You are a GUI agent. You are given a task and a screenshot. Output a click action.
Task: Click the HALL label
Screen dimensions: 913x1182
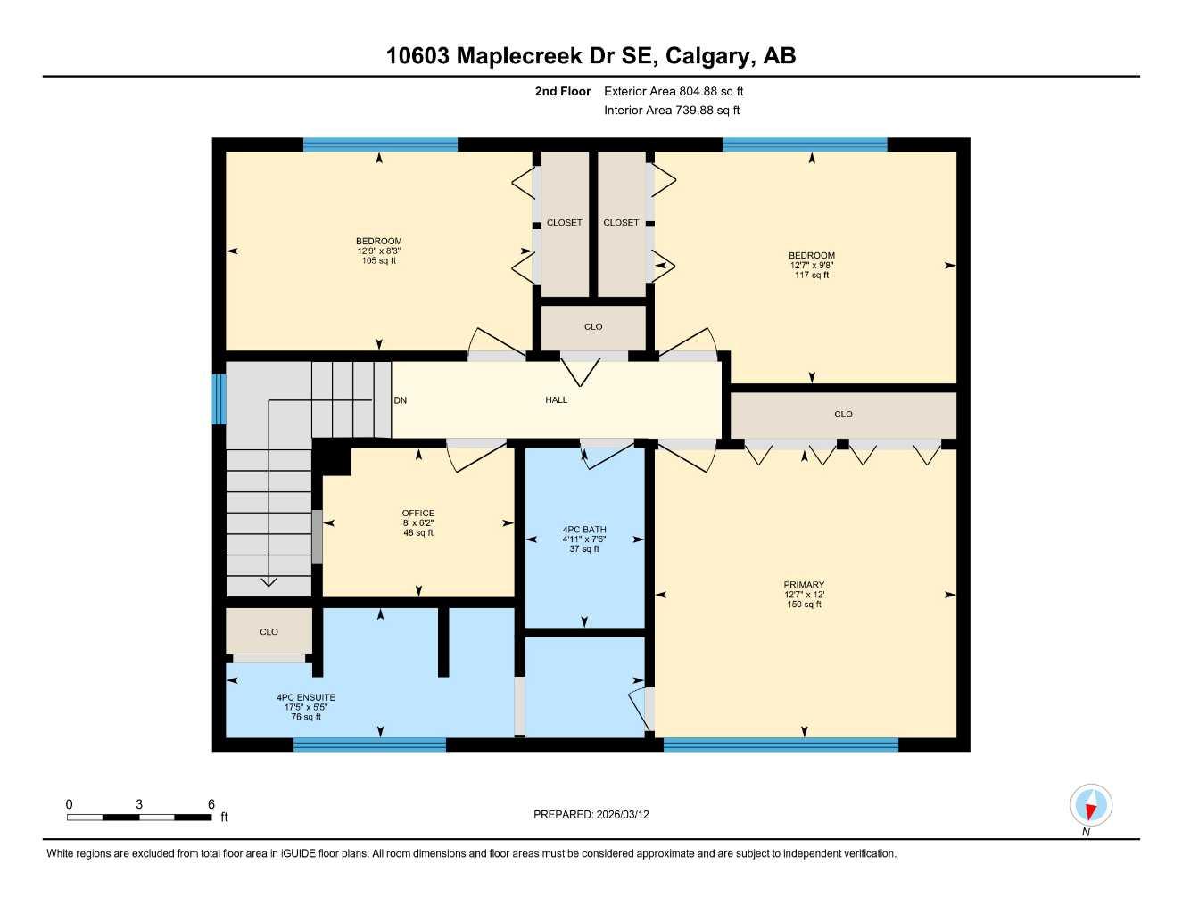coord(556,400)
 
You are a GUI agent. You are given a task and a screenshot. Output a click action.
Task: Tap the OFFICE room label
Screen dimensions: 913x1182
coord(417,514)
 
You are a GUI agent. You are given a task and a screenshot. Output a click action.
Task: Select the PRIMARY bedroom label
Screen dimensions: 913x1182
coord(804,585)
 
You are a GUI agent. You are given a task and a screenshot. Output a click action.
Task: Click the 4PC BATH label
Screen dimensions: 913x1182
coord(584,530)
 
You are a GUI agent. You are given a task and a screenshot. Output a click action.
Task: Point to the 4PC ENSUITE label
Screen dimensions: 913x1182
coord(306,698)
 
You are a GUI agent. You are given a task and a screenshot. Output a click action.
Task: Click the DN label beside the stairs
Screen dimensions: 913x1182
coord(401,400)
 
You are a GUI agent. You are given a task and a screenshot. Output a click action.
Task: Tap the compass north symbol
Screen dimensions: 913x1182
coord(1090,806)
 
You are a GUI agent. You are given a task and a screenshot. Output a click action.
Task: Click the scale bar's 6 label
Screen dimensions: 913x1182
coord(211,804)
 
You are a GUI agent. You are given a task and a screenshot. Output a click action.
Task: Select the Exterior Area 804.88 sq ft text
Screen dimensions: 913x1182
coord(674,91)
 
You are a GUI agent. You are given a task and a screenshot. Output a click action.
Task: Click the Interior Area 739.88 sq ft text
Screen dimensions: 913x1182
coord(672,111)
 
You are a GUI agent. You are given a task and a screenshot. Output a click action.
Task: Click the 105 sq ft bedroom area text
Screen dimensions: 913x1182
coord(379,261)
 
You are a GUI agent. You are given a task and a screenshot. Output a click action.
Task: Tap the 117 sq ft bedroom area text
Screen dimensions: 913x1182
coord(812,276)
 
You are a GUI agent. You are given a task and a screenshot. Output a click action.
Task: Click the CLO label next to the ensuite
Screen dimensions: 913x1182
coord(269,632)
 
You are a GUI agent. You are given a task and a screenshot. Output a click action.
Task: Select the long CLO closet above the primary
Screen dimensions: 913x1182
coord(843,415)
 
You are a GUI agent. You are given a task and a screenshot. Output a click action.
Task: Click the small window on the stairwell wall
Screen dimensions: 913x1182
coord(219,399)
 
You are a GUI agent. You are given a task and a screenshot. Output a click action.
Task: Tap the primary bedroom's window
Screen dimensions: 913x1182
coord(781,744)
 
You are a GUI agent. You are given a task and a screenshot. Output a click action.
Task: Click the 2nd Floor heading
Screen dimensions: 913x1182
coord(563,91)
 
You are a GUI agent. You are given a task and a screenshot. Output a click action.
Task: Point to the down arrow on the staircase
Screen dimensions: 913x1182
coord(268,580)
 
